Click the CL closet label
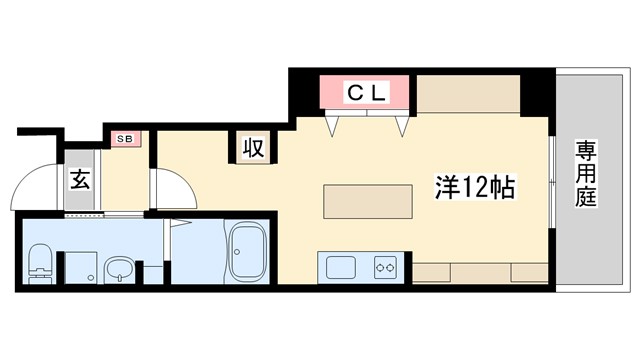[366, 93]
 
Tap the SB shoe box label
[126, 138]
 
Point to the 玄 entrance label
[79, 181]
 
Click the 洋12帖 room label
[474, 187]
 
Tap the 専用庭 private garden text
[585, 174]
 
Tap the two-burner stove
[386, 267]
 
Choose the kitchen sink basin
[340, 267]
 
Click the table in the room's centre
[368, 202]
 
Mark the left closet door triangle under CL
[336, 125]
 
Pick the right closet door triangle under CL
[403, 125]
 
